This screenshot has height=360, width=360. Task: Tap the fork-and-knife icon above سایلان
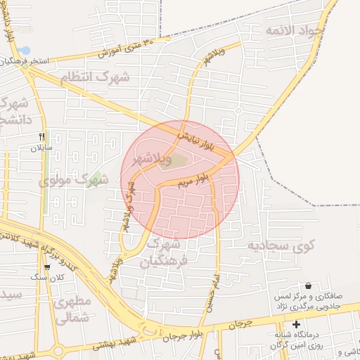coord(41,136)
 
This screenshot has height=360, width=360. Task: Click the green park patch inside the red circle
coord(179,161)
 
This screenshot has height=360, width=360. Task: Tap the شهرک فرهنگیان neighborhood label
coord(165,253)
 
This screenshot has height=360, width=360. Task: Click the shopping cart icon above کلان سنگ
coord(47,267)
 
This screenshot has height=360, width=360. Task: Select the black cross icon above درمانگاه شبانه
coord(297,325)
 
